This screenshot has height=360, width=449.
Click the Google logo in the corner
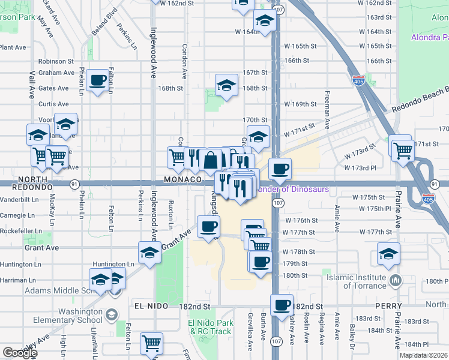[x=19, y=353]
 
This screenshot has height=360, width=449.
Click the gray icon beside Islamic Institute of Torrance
[x=396, y=280]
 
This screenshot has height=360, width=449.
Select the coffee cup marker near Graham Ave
[x=97, y=80]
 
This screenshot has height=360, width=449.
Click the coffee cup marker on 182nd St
[x=282, y=305]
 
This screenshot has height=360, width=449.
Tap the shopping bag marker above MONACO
[x=211, y=160]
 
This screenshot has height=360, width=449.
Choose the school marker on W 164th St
[x=264, y=21]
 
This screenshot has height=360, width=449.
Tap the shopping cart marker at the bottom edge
[x=151, y=343]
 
